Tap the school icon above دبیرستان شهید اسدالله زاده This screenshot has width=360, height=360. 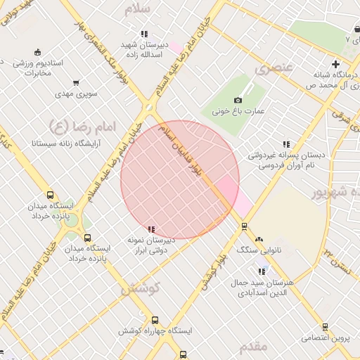tap(143, 34)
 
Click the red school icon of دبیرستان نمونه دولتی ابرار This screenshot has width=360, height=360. tap(151, 229)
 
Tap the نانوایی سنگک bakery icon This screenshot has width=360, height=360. tap(259, 239)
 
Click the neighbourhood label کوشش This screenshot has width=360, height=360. tap(141, 288)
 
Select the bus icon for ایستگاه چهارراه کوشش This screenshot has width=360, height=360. tap(155, 321)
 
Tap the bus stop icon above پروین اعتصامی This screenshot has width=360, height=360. tap(325, 327)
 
